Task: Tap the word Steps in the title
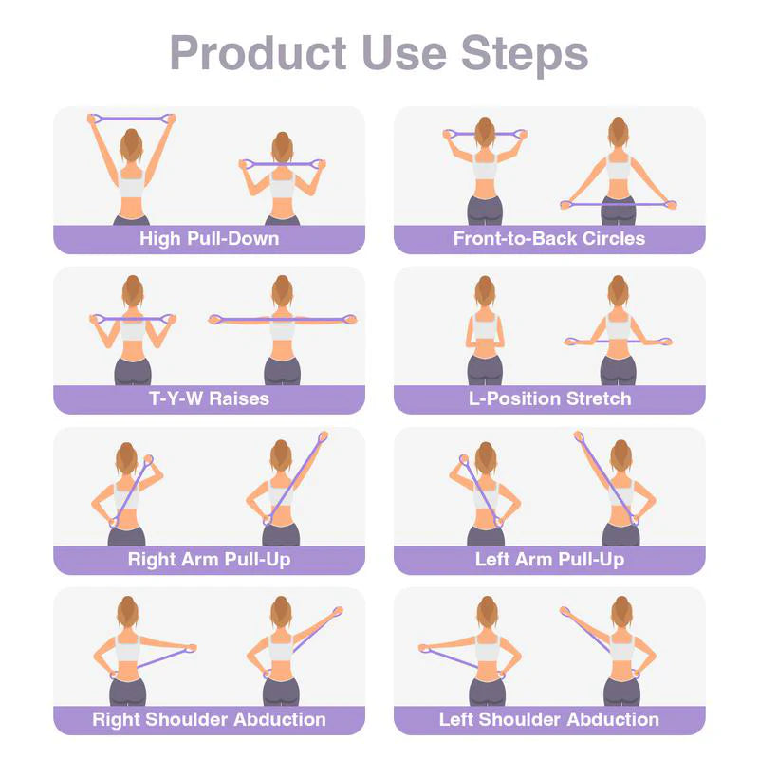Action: point(525,53)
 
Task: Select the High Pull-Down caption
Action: point(209,238)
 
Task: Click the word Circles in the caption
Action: point(609,238)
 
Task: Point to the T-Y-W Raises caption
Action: point(209,398)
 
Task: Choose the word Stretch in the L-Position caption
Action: point(591,398)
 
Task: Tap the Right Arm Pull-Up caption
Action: point(209,559)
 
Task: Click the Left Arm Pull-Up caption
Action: point(549,559)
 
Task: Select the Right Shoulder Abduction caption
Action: point(209,719)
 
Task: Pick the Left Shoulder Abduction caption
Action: point(549,719)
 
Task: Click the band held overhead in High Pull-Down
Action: point(132,118)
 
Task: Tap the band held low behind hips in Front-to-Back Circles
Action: point(617,203)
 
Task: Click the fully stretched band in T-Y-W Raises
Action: point(283,320)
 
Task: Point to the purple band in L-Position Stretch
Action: point(618,341)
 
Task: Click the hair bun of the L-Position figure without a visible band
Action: point(485,282)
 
